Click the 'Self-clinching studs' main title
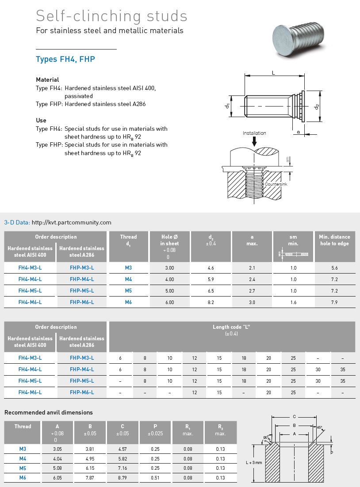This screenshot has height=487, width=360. tap(111, 16)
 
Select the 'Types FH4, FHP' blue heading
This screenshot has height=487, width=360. tap(65, 59)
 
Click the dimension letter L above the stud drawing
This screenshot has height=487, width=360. tap(273, 72)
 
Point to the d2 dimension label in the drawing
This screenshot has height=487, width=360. tap(316, 107)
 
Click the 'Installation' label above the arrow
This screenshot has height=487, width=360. tap(254, 133)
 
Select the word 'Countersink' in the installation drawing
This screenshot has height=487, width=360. tap(276, 184)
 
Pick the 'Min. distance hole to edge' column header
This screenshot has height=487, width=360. tap(334, 240)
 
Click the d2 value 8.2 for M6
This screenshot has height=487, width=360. tap(211, 302)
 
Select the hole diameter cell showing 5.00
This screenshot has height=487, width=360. tap(169, 291)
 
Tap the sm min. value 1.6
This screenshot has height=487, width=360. tap(293, 302)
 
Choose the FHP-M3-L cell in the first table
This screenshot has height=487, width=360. tap(82, 268)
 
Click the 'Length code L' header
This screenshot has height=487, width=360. tap(232, 327)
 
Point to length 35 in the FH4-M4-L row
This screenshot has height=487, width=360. tap(343, 369)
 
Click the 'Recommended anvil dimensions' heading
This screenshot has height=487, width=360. tap(49, 412)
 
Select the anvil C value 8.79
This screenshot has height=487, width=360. tap(122, 477)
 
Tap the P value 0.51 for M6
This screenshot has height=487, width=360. tap(155, 477)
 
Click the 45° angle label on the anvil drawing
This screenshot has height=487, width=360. tap(320, 427)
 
